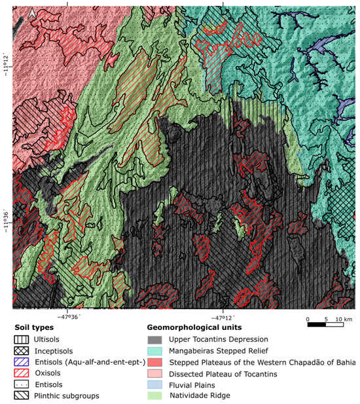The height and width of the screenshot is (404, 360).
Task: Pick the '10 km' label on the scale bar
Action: (x=342, y=319)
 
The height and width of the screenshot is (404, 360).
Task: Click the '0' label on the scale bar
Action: (x=308, y=319)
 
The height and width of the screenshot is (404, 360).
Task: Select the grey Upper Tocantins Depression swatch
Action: (x=155, y=339)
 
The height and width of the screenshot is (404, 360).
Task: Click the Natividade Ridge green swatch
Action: (x=155, y=395)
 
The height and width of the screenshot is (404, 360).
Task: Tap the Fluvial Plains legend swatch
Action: (x=155, y=384)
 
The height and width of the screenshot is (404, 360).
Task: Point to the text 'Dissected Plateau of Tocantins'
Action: (x=221, y=373)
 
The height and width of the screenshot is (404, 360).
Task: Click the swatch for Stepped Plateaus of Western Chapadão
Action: (x=155, y=361)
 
